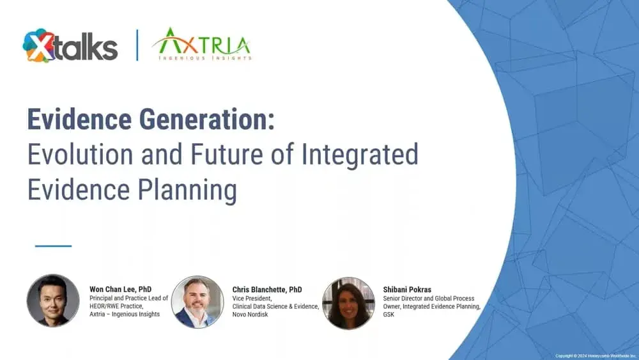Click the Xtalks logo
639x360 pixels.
tap(70, 46)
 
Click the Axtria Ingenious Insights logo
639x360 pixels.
tap(201, 44)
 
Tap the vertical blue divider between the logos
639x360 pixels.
tap(137, 45)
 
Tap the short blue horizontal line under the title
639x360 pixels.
tap(53, 246)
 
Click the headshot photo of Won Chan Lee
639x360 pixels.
tap(53, 301)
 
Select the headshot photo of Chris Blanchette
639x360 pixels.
tap(197, 302)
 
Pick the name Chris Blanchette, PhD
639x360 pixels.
tap(267, 290)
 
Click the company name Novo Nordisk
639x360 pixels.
tap(250, 315)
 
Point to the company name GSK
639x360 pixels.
tap(389, 315)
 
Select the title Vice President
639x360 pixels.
tap(252, 298)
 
